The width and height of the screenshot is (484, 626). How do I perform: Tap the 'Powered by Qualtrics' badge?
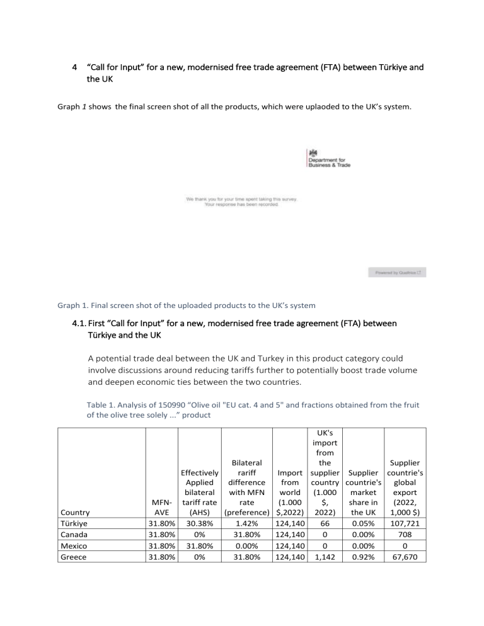[400, 273]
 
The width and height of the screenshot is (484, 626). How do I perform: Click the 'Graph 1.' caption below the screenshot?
[72, 307]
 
